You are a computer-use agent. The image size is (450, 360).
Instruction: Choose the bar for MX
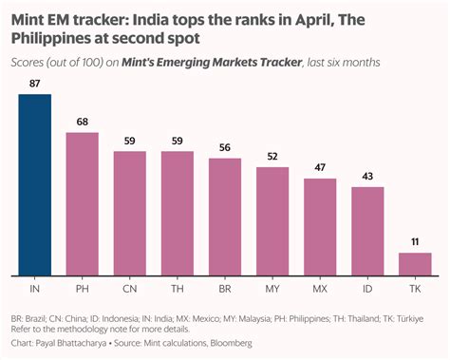tap(320, 224)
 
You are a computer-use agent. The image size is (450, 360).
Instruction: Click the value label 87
tap(34, 85)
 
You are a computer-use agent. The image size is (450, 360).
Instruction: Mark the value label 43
tap(367, 177)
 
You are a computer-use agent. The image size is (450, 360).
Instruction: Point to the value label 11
tap(415, 242)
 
